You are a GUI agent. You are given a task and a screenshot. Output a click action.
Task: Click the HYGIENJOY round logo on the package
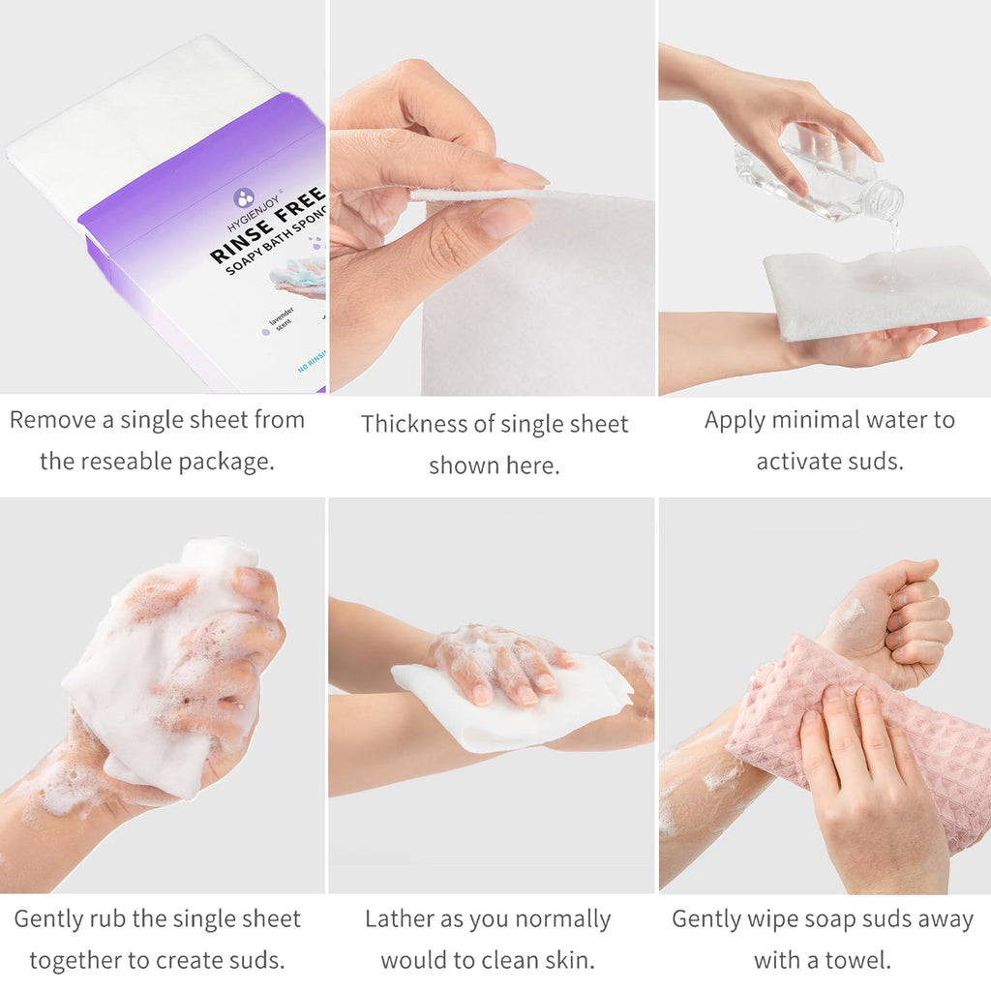(x=243, y=197)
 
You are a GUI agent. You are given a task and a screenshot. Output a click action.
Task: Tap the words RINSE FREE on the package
(x=268, y=225)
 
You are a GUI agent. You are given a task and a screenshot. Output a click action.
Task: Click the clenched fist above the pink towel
(x=891, y=622)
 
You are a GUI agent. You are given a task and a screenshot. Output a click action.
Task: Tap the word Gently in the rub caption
(x=48, y=919)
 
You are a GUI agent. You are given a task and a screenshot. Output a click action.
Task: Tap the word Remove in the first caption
(x=52, y=420)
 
